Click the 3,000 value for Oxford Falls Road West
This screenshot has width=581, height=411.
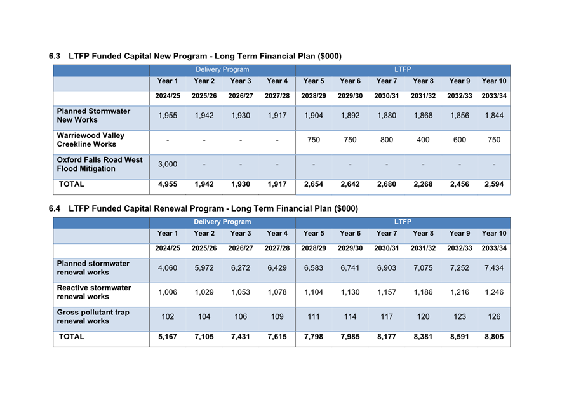(x=167, y=165)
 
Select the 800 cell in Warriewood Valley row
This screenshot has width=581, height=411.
(x=386, y=140)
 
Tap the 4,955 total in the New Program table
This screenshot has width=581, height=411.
(x=167, y=185)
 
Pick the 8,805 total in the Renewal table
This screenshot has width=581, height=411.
(x=494, y=337)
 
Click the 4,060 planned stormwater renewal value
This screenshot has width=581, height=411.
(x=167, y=268)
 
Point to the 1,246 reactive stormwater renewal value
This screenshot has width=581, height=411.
(x=494, y=292)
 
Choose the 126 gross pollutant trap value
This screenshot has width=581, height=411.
(x=494, y=316)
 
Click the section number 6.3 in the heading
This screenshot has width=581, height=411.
(x=55, y=57)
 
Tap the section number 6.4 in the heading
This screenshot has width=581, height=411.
(x=55, y=208)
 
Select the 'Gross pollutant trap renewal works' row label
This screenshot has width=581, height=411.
(x=93, y=316)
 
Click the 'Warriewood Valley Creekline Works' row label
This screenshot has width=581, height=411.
(x=90, y=140)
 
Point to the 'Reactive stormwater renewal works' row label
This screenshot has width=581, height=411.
(x=94, y=292)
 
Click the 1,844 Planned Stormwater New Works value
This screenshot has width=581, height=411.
(x=494, y=116)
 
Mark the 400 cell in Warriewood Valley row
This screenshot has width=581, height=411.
(x=423, y=140)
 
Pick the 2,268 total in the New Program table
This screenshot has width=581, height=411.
(x=423, y=185)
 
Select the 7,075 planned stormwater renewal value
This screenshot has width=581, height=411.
(x=423, y=268)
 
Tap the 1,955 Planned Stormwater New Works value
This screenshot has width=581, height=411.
(x=167, y=116)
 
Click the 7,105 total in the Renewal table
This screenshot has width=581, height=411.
(x=204, y=337)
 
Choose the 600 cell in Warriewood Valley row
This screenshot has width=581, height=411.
(x=459, y=140)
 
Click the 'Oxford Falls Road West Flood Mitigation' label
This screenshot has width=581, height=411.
(x=99, y=165)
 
